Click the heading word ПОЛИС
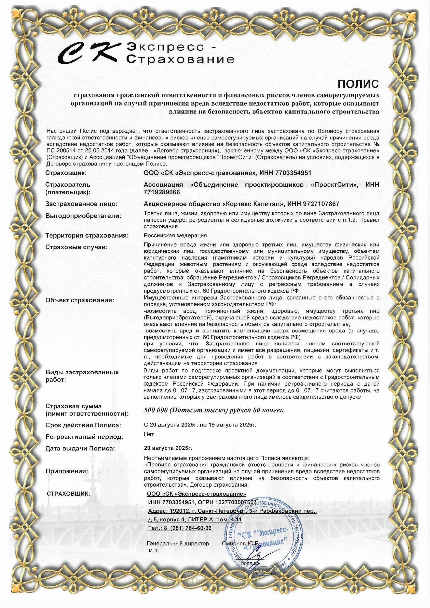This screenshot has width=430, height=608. pyautogui.click(x=358, y=84)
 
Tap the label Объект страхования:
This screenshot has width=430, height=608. pyautogui.click(x=80, y=300)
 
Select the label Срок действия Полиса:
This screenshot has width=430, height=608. pyautogui.click(x=83, y=425)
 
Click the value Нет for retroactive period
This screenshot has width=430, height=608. pyautogui.click(x=149, y=434)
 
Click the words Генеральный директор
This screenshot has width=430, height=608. pyautogui.click(x=178, y=544)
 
